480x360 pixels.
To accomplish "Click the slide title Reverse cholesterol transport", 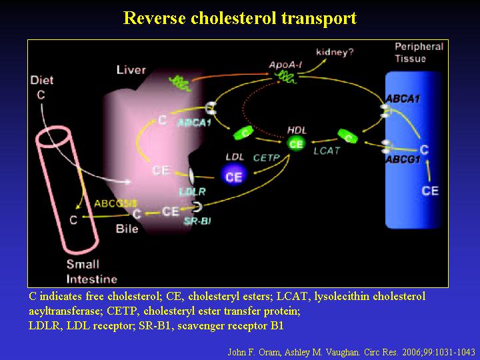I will (240, 18).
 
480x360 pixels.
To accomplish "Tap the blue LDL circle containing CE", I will (233, 176).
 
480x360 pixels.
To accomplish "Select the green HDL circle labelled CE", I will (296, 143).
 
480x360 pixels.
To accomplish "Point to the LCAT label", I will (327, 151).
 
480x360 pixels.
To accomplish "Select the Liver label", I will (131, 69).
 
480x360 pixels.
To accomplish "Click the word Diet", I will (42, 81).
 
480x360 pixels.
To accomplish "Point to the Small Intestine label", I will (92, 271).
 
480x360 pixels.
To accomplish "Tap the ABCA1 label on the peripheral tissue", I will (403, 99).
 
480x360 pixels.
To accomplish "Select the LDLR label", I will (192, 191).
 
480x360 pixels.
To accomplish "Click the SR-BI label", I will (197, 221).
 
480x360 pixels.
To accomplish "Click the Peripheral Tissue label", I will (419, 52).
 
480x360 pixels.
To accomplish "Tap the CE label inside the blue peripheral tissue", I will (431, 191).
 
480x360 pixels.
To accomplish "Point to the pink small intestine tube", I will (67, 193).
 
